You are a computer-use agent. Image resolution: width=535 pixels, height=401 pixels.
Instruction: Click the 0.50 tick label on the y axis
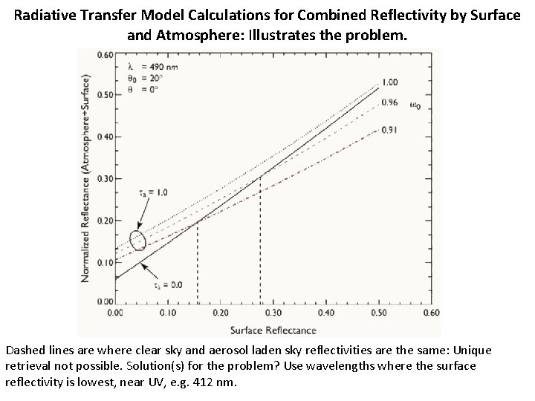[x=104, y=95]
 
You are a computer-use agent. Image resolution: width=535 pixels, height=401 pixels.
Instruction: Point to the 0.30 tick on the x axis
[x=273, y=313]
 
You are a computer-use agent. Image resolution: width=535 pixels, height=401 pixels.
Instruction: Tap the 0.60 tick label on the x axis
[x=432, y=313]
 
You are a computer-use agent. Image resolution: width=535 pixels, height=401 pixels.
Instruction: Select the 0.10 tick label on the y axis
[x=104, y=261]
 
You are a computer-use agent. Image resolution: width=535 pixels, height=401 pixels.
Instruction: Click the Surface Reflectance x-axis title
[x=272, y=330]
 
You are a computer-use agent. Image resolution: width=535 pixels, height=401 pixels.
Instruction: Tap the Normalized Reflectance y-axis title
[x=87, y=178]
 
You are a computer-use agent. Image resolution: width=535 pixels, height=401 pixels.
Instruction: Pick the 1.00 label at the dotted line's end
[x=391, y=82]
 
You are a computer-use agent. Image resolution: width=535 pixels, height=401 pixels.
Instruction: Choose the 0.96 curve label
[x=391, y=102]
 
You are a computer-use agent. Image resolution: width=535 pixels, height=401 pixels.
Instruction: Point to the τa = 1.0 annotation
[x=153, y=192]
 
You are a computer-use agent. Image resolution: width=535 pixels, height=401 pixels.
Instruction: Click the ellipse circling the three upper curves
[x=137, y=241]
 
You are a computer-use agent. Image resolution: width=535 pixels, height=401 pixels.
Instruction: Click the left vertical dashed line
[x=198, y=260]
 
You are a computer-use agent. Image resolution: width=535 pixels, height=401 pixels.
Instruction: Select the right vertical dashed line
[x=259, y=238]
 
